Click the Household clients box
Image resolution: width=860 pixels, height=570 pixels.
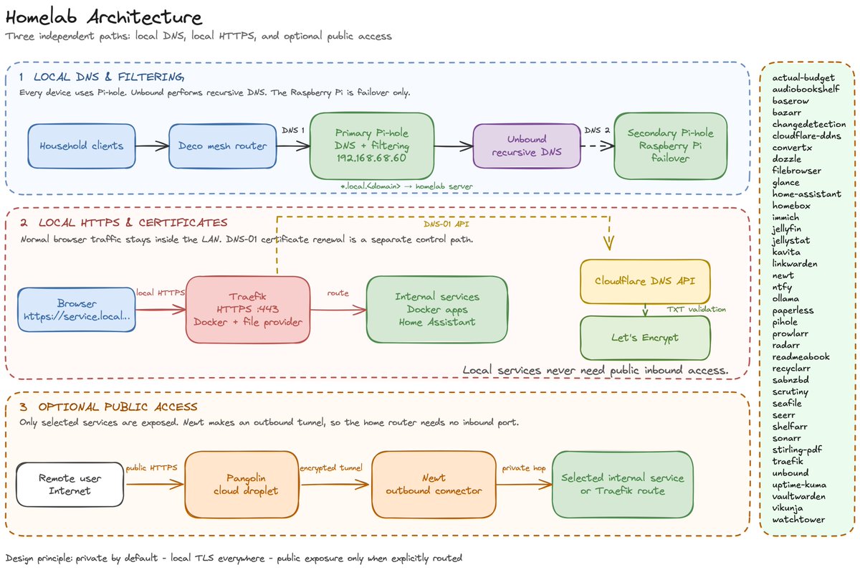click(x=82, y=146)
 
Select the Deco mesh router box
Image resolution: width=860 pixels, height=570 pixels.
click(x=223, y=146)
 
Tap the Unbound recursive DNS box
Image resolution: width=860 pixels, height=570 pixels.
click(x=527, y=146)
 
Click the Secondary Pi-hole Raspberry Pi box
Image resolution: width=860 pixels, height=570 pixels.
click(x=670, y=146)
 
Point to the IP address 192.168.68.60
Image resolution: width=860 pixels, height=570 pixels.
click(x=371, y=158)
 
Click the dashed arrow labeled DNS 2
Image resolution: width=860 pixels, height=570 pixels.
click(x=598, y=146)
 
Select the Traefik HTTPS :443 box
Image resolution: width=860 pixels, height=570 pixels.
click(x=248, y=309)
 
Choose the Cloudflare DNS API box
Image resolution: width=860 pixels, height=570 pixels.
click(x=645, y=281)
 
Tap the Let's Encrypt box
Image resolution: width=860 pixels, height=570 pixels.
click(x=645, y=338)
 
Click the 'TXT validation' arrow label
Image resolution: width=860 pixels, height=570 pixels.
click(x=696, y=309)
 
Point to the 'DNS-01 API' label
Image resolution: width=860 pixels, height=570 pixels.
click(x=446, y=224)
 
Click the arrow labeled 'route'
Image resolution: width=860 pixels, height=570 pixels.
click(x=338, y=310)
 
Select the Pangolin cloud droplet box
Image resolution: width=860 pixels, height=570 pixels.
click(x=242, y=485)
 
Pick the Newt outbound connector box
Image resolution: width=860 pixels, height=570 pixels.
click(x=434, y=485)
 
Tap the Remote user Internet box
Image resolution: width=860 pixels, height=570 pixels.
click(x=70, y=485)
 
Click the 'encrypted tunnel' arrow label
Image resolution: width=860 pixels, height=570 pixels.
click(x=331, y=467)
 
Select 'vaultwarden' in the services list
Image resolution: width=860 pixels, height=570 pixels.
click(x=798, y=496)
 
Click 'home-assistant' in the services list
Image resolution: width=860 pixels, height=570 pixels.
click(x=807, y=194)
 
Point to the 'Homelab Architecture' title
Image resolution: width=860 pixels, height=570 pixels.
click(x=104, y=17)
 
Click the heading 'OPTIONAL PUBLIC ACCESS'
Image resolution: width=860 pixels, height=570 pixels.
click(x=118, y=407)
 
